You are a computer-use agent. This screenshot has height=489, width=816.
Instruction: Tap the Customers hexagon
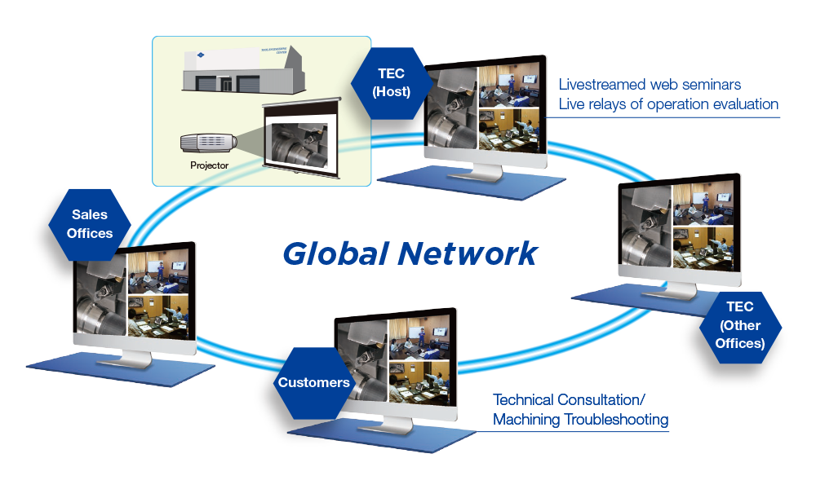pyautogui.click(x=314, y=382)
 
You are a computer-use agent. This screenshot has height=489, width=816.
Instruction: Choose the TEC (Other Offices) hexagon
pyautogui.click(x=740, y=325)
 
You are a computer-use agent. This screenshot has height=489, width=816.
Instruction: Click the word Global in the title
pyautogui.click(x=335, y=253)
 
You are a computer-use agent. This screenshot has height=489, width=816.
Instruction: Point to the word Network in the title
pyautogui.click(x=467, y=253)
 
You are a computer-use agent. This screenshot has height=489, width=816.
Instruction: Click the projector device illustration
pyautogui.click(x=208, y=143)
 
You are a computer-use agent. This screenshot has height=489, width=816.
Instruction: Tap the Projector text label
pyautogui.click(x=210, y=165)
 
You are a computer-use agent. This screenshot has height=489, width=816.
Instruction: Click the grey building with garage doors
pyautogui.click(x=245, y=74)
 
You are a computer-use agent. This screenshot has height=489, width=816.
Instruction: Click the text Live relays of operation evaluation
pyautogui.click(x=668, y=104)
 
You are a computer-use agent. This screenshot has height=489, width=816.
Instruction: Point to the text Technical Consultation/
pyautogui.click(x=569, y=400)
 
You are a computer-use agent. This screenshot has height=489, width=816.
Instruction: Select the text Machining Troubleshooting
pyautogui.click(x=580, y=420)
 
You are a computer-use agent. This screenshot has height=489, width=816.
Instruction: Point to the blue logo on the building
pyautogui.click(x=197, y=56)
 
